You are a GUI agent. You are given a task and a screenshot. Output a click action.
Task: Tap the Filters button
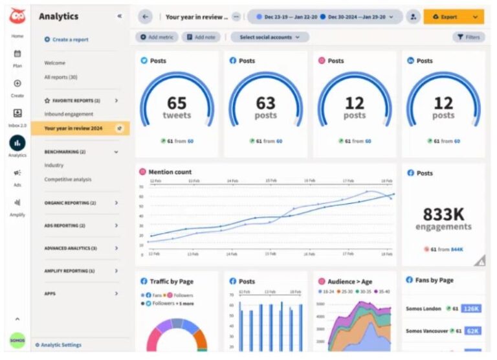click(469, 38)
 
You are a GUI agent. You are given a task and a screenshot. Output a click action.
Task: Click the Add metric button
click(157, 38)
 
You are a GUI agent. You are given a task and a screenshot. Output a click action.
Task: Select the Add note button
click(201, 38)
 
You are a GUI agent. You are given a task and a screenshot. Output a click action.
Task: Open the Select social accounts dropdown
click(270, 38)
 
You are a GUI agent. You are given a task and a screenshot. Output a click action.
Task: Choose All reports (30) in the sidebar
click(61, 77)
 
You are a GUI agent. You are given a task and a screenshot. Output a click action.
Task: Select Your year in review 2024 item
click(73, 128)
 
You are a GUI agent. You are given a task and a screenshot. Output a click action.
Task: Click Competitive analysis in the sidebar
click(68, 179)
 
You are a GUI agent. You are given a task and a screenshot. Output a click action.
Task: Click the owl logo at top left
click(17, 17)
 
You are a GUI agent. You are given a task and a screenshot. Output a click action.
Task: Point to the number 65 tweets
click(177, 103)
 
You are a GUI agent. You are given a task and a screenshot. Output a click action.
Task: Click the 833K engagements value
click(443, 214)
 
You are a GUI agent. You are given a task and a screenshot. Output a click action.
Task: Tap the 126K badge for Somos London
click(472, 309)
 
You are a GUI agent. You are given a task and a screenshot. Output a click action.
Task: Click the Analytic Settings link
click(59, 345)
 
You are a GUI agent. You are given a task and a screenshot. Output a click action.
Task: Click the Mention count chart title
click(170, 172)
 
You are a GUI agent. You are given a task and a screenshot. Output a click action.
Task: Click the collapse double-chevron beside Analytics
click(119, 16)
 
